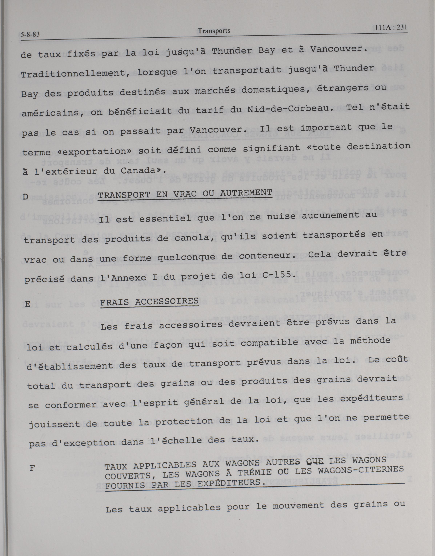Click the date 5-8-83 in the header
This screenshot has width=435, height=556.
pyautogui.click(x=30, y=34)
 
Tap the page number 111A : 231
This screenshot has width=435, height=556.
pyautogui.click(x=391, y=27)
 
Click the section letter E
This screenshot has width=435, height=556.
pyautogui.click(x=28, y=304)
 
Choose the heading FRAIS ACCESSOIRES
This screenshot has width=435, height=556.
pyautogui.click(x=149, y=302)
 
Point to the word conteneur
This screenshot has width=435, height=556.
pyautogui.click(x=265, y=256)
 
